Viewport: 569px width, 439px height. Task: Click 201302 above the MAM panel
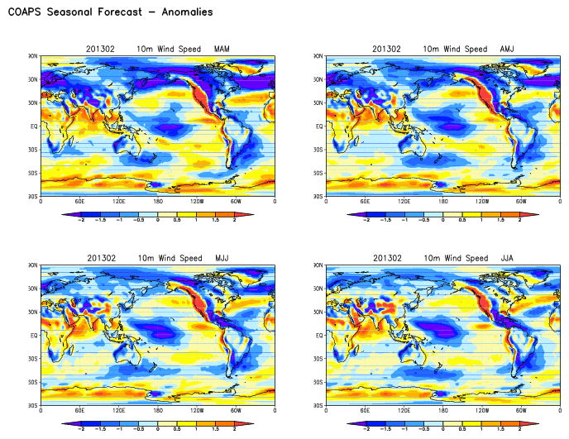(x=100, y=49)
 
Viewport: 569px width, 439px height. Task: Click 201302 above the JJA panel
(x=386, y=259)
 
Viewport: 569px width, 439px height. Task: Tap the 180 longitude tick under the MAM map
(x=158, y=202)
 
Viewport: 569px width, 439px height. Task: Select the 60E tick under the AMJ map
(x=366, y=202)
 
